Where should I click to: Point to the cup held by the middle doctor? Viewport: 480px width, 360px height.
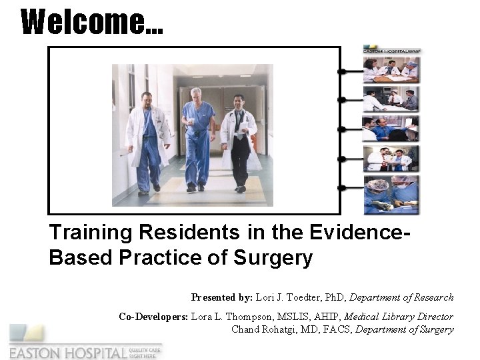pos(190,121)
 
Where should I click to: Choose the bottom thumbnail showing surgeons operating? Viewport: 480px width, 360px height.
pos(391,195)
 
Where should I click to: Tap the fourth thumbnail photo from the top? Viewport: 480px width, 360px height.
pos(391,159)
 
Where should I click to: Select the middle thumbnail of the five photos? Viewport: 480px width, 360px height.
pos(391,129)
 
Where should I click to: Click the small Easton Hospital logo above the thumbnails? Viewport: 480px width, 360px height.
pos(391,49)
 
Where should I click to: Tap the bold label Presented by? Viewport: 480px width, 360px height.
pos(222,297)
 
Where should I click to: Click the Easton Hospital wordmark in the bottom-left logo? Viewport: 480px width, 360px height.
pos(67,351)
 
